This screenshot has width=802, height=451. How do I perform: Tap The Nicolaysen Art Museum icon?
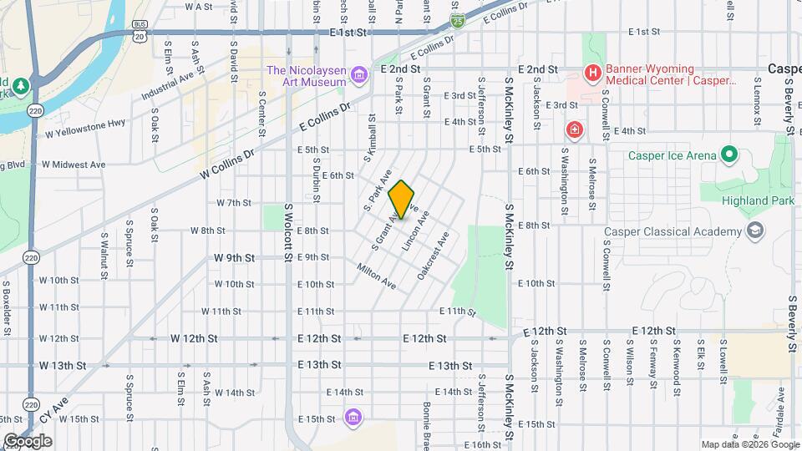359,76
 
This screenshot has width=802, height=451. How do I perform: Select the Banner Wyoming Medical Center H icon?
592,73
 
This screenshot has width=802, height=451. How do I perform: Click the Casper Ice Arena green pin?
728,155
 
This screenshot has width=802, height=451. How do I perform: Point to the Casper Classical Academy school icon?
755,231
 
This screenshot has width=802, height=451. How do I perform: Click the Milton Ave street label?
376,276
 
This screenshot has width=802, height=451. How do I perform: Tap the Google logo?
27,441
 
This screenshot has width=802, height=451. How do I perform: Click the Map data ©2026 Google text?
749,444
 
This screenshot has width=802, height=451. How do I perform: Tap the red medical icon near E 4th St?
575,129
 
